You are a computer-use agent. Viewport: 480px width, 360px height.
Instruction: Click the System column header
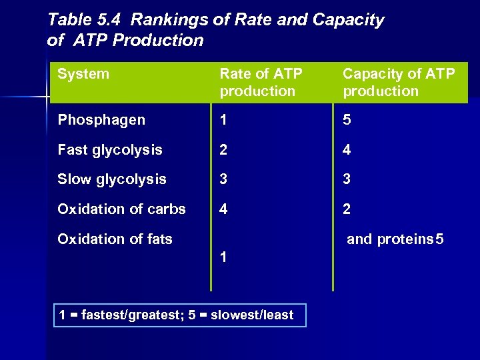pos(83,74)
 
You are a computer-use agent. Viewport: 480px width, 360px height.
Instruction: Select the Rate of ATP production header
pos(261,82)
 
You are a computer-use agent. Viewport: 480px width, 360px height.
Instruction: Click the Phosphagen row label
pos(101,120)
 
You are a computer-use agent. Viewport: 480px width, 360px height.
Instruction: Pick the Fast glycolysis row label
pos(110,150)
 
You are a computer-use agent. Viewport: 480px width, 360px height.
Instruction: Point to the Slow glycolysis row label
pos(112,179)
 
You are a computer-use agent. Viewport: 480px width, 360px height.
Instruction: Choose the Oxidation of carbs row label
pos(121,209)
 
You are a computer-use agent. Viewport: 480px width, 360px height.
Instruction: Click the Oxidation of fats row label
pos(115,239)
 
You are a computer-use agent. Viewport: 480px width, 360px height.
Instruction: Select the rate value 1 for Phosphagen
pos(224,120)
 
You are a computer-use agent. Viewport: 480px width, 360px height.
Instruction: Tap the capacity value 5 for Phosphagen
pos(347,120)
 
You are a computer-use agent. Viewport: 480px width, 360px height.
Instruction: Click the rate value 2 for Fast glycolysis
pos(224,150)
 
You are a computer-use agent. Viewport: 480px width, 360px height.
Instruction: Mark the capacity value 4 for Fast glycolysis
pos(347,150)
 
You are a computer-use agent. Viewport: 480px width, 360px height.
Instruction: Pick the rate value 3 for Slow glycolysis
pos(224,179)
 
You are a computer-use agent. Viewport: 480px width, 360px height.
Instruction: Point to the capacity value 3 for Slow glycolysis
pos(347,179)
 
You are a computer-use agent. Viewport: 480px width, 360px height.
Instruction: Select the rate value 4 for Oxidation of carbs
pos(224,209)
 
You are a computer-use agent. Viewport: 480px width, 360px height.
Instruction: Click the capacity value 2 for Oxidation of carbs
pos(347,209)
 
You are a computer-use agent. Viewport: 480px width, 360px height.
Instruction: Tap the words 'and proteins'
pos(389,239)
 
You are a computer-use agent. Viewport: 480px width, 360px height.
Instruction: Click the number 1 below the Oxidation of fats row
pos(224,257)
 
